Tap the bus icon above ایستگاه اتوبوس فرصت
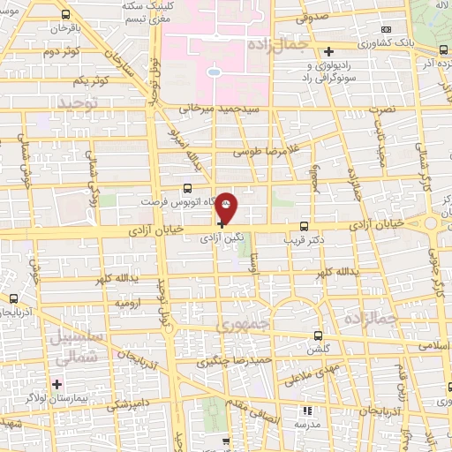[x=186, y=187]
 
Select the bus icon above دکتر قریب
[x=304, y=225]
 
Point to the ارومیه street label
[x=127, y=303]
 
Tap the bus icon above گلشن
[x=319, y=335]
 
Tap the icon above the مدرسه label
[x=307, y=411]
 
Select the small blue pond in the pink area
[x=214, y=72]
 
